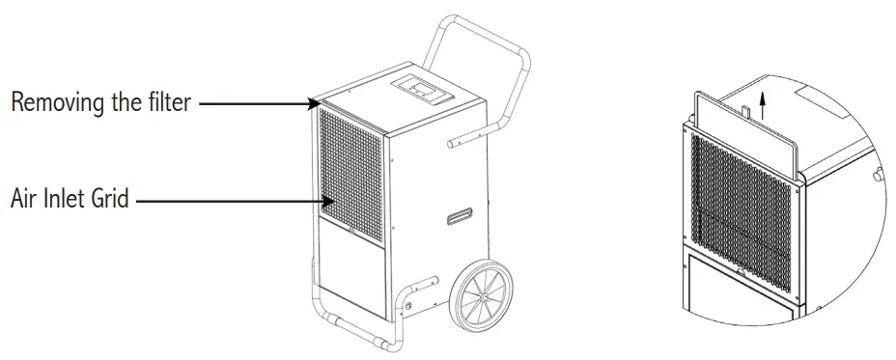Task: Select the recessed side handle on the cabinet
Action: click(x=460, y=218)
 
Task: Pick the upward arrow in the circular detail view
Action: click(x=764, y=100)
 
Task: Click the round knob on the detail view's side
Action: click(x=878, y=175)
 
